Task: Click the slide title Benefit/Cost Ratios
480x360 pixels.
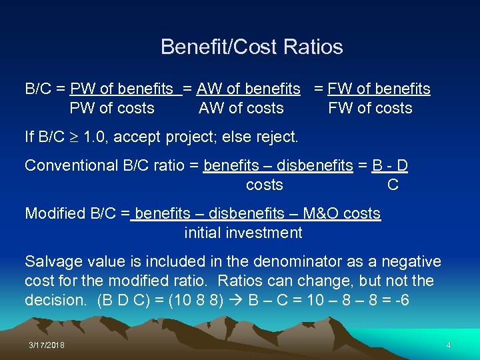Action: [x=251, y=47]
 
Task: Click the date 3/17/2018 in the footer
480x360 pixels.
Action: [x=47, y=345]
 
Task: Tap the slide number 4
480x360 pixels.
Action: [x=449, y=345]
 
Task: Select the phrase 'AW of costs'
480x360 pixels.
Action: [x=241, y=108]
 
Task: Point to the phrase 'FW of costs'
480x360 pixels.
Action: [x=370, y=108]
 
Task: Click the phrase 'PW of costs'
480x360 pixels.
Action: [x=111, y=108]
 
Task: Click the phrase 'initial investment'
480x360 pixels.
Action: [x=243, y=233]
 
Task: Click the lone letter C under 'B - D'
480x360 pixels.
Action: [x=393, y=185]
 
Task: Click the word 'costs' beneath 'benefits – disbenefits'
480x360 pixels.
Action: [x=264, y=185]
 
